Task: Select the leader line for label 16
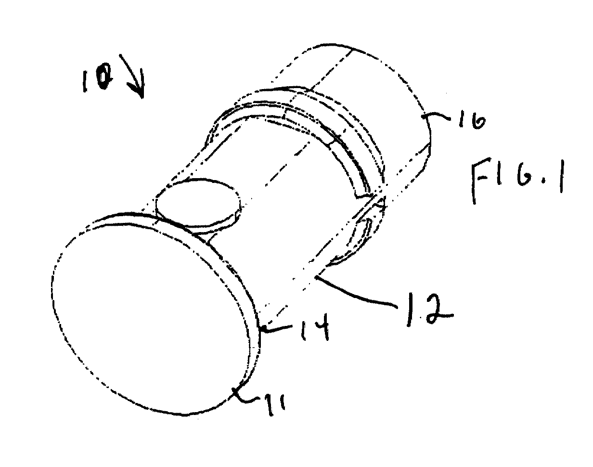(437, 116)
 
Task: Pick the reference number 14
(315, 327)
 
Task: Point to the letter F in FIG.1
(481, 181)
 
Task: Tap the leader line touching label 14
(277, 327)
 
